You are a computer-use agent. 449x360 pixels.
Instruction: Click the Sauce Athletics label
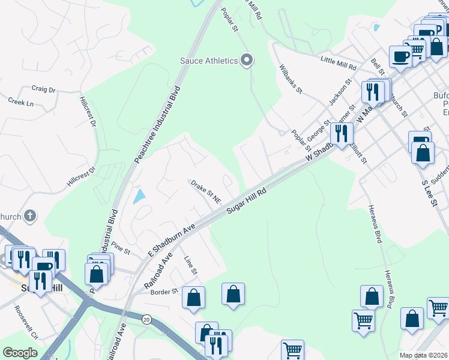pos(209,61)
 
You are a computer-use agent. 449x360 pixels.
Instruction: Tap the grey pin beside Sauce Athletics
pos(246,60)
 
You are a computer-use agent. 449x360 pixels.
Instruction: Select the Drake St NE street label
pos(206,191)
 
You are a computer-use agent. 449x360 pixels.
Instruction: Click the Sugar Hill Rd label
pos(246,199)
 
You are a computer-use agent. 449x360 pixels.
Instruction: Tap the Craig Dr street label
pos(43,89)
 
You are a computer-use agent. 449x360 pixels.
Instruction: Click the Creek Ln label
pos(21,103)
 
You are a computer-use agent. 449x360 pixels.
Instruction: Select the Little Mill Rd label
pos(339,61)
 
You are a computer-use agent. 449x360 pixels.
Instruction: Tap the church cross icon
pos(30,216)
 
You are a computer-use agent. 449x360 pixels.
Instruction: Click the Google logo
pos(20,353)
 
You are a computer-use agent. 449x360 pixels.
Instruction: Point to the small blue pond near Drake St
pos(139,196)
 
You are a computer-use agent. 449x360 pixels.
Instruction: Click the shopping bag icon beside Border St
pos(193,297)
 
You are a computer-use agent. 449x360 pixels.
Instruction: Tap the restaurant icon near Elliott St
pos(341,133)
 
